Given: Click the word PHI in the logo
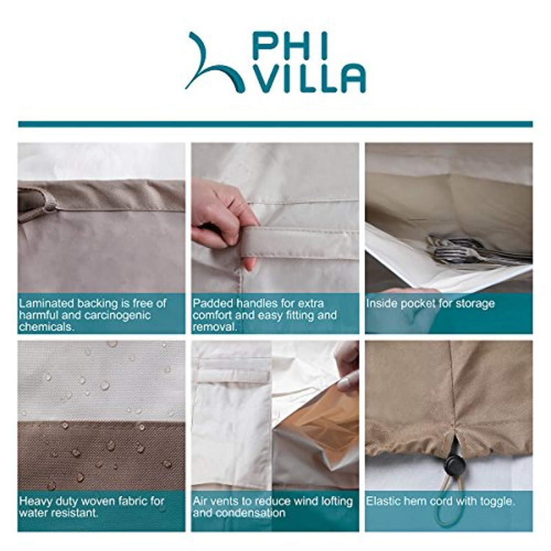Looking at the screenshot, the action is [x=289, y=45].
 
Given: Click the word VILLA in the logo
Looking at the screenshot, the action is [x=309, y=79].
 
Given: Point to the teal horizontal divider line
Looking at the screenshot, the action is [x=275, y=124].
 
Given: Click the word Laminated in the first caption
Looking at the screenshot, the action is [x=46, y=303].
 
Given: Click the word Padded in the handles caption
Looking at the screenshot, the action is [x=213, y=303].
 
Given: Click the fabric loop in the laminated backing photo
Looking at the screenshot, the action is [x=34, y=205].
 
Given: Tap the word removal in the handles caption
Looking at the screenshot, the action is [x=215, y=327].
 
